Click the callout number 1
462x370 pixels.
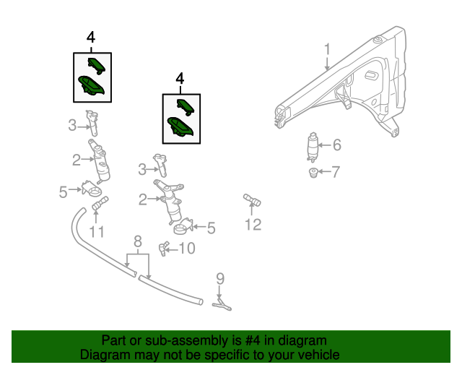click(326, 49)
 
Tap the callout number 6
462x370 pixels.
click(336, 145)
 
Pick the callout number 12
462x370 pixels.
click(252, 225)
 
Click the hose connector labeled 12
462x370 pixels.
click(251, 199)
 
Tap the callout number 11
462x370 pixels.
click(97, 232)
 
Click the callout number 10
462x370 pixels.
click(186, 249)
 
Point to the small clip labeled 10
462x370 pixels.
click(164, 248)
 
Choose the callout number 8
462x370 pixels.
click(137, 241)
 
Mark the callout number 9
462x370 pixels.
click(220, 278)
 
